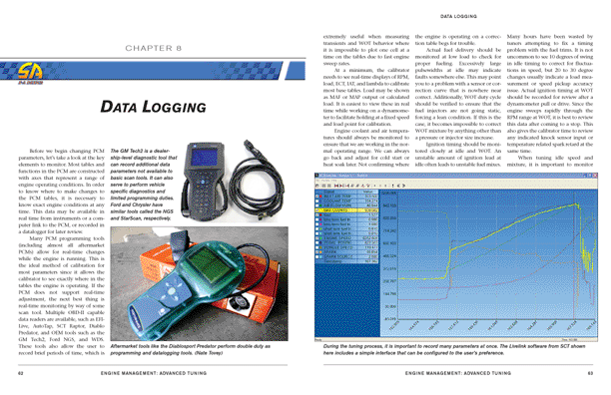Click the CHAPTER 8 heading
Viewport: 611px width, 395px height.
click(151, 47)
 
